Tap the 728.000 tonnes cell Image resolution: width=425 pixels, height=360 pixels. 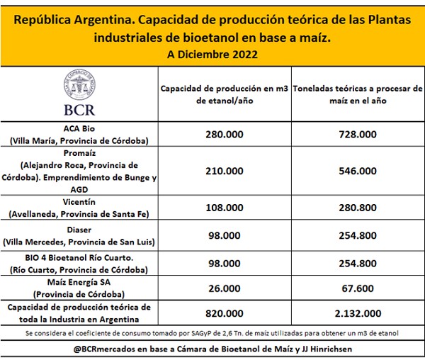click(x=358, y=135)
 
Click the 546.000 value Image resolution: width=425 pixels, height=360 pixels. click(x=358, y=171)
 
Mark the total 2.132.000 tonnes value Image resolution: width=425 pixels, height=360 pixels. click(x=358, y=313)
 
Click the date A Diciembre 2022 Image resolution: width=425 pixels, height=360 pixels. click(x=212, y=54)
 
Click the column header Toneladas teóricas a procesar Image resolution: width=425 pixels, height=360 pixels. click(x=358, y=94)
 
